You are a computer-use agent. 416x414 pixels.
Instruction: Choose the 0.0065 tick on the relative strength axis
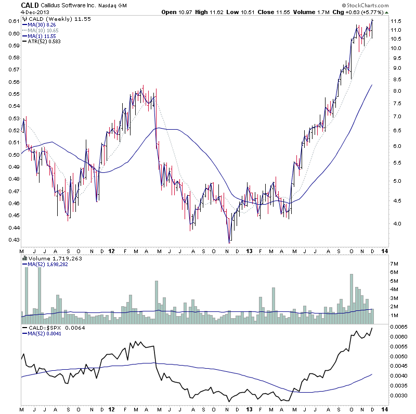click(398, 327)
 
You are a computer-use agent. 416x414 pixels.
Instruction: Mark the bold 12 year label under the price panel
click(112, 250)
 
